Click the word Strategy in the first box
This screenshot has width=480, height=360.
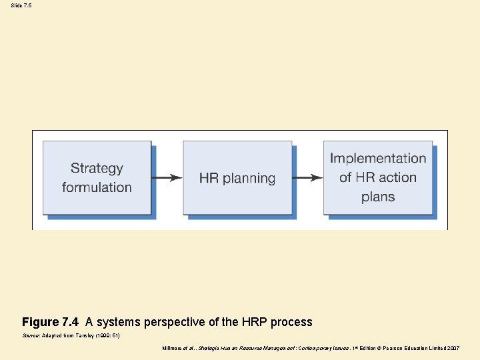[x=97, y=169]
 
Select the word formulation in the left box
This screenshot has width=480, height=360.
[x=97, y=187]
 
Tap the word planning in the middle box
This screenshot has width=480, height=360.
[x=249, y=179]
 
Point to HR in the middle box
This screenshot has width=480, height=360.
[x=209, y=178]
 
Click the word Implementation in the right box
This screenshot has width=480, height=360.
[x=378, y=159]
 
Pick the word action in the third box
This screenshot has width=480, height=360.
[x=396, y=177]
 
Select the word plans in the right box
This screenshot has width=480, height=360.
[x=378, y=197]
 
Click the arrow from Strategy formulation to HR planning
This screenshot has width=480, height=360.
[x=167, y=178]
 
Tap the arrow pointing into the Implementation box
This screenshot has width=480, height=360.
[x=307, y=178]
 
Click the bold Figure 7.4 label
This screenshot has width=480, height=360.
[x=50, y=322]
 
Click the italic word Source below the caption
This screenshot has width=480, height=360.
[x=31, y=336]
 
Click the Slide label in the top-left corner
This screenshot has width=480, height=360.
[x=16, y=5]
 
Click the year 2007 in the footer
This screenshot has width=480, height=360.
[x=453, y=348]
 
